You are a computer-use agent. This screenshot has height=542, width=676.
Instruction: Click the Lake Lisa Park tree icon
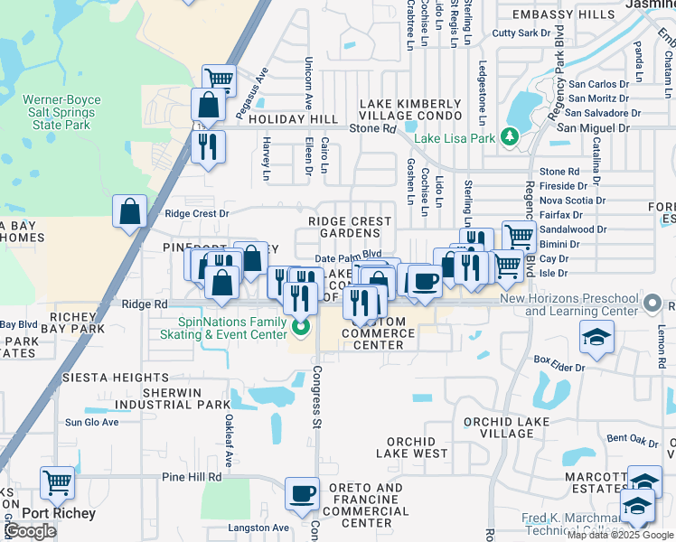(511, 137)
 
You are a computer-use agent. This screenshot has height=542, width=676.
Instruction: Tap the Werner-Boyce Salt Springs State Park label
(58, 112)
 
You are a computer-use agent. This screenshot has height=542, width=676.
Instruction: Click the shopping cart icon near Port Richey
(58, 483)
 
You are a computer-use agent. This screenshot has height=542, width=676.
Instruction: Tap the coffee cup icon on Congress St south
(303, 493)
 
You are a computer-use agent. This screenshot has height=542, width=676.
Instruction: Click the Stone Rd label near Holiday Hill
(373, 128)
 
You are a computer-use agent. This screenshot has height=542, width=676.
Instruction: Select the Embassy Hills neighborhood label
(562, 15)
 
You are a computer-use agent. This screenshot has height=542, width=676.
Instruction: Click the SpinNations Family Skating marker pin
(303, 326)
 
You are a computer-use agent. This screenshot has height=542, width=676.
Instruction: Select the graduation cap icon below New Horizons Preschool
(596, 338)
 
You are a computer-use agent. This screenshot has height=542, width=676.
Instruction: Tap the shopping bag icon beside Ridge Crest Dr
(130, 211)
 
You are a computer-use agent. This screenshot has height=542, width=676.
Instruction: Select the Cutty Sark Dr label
(521, 33)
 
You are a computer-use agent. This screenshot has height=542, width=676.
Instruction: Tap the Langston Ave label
(258, 528)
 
